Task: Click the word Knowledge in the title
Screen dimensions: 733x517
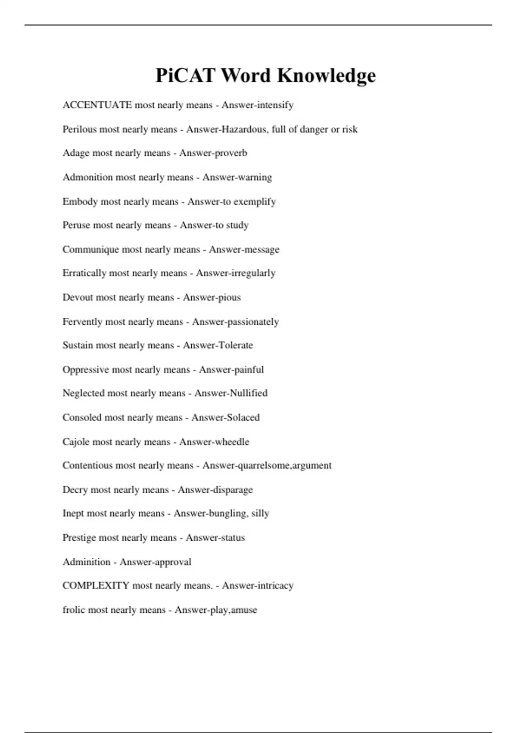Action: tap(326, 76)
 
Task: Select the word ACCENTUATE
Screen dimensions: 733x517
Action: tap(97, 105)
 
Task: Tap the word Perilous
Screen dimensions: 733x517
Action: tap(80, 129)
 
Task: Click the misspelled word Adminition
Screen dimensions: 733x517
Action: tap(86, 562)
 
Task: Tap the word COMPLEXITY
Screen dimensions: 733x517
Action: tap(96, 586)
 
